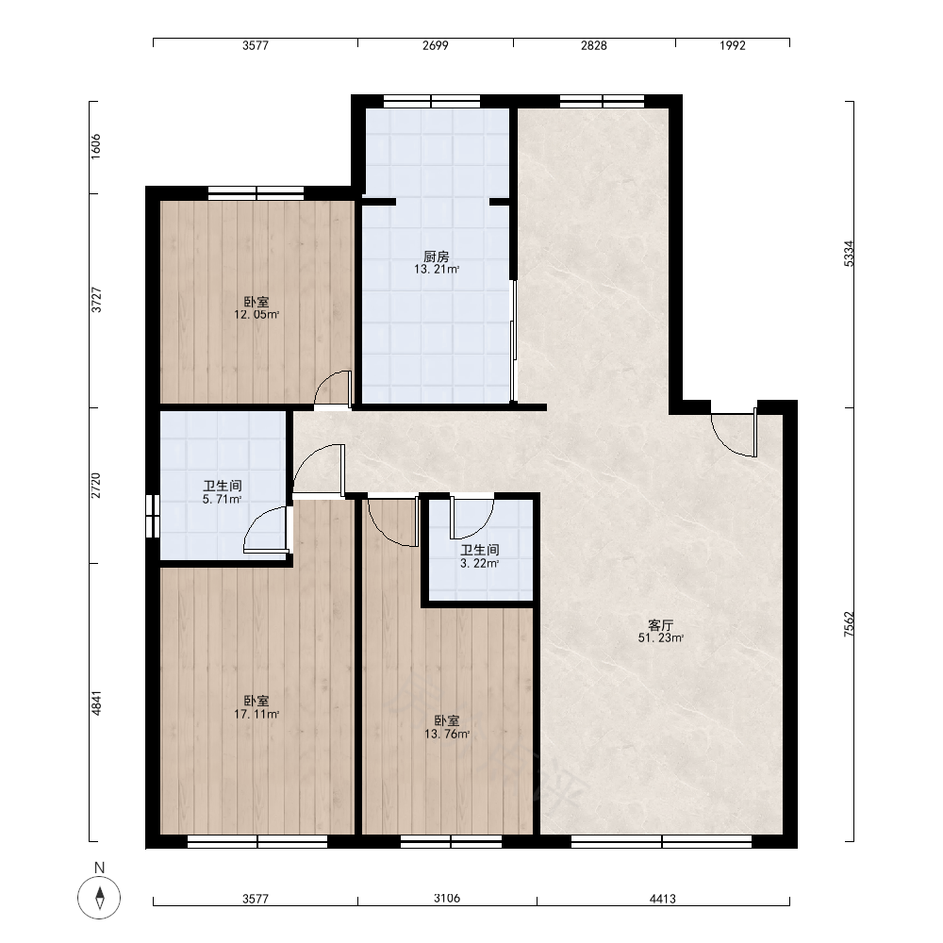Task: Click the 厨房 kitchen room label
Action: tap(436, 256)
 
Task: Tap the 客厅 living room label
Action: tap(660, 625)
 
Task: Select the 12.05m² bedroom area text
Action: tap(256, 314)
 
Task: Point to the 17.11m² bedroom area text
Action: tap(256, 714)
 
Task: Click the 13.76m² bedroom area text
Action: tap(447, 734)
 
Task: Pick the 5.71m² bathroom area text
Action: tap(222, 499)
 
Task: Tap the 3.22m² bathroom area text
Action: tap(479, 564)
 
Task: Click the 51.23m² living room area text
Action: tap(660, 638)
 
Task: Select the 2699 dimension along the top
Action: tap(436, 45)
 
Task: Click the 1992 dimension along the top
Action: tap(733, 45)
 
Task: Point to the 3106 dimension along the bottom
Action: tap(447, 898)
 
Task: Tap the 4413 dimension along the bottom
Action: tap(663, 899)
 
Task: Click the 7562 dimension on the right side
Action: tap(849, 624)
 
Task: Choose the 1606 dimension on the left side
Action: tap(95, 146)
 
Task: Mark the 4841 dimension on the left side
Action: tap(96, 703)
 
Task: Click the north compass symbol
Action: tap(99, 898)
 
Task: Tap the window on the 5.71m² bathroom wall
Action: tap(153, 516)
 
